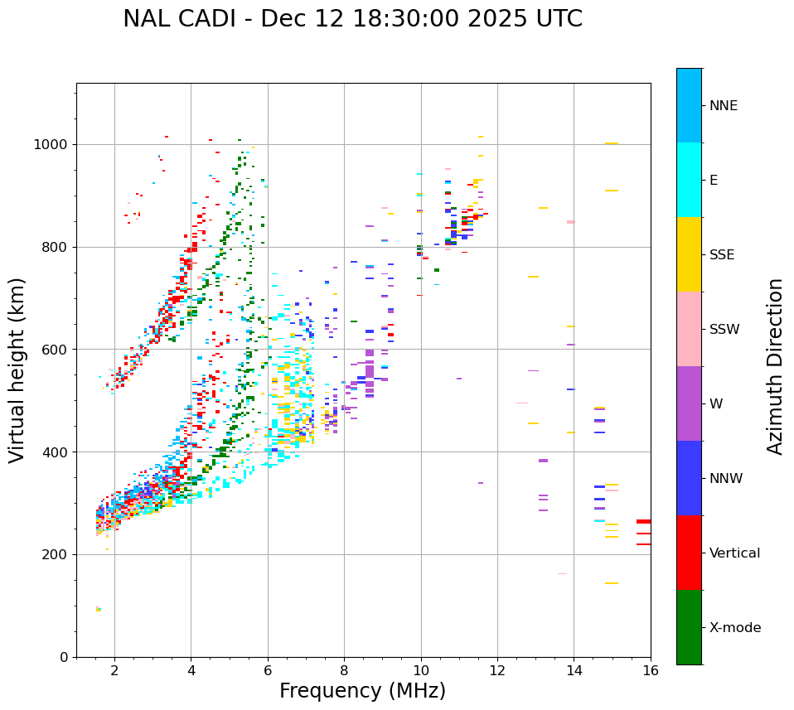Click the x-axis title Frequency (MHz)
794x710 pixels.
362,691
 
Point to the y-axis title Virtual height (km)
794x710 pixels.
17,369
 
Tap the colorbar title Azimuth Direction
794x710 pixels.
775,365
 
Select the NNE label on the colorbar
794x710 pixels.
723,106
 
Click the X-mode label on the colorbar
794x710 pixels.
735,628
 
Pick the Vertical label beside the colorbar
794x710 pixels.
734,553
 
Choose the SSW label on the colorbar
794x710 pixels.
724,330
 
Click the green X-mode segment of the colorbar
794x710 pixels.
689,627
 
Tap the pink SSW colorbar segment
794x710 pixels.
689,329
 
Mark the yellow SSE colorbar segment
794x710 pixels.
689,254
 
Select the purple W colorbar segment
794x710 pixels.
689,403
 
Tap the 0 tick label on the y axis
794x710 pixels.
63,657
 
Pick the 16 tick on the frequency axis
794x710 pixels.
651,671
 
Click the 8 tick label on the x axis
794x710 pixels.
344,671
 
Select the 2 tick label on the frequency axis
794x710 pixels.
114,671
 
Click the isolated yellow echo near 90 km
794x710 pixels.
99,609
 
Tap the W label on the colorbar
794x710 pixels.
715,404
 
